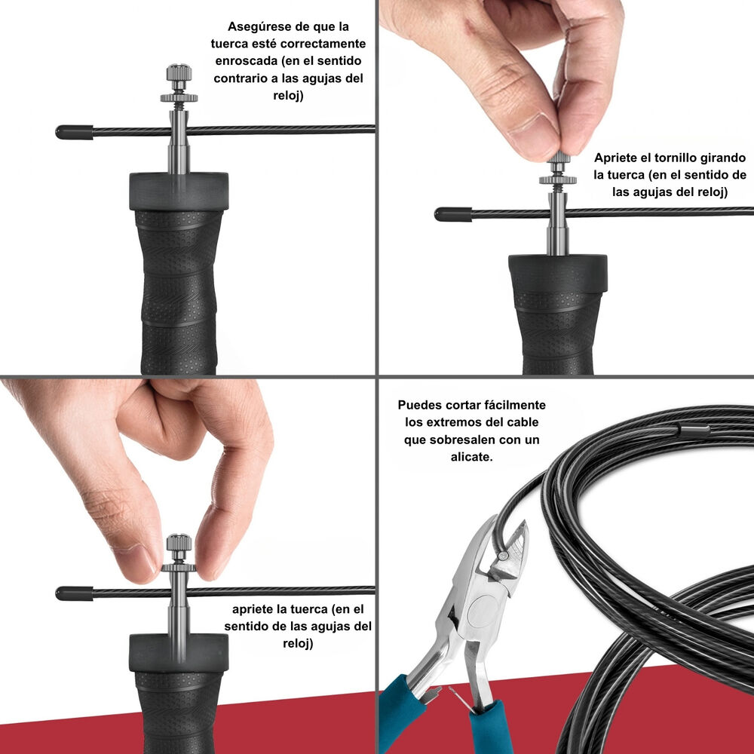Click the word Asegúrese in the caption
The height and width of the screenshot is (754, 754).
pos(257,26)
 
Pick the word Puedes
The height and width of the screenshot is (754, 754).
pos(419,405)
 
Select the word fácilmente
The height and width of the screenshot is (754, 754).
pos(510,405)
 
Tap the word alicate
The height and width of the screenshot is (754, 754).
pos(471,457)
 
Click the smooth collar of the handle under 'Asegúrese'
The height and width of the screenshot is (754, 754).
pos(179,192)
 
